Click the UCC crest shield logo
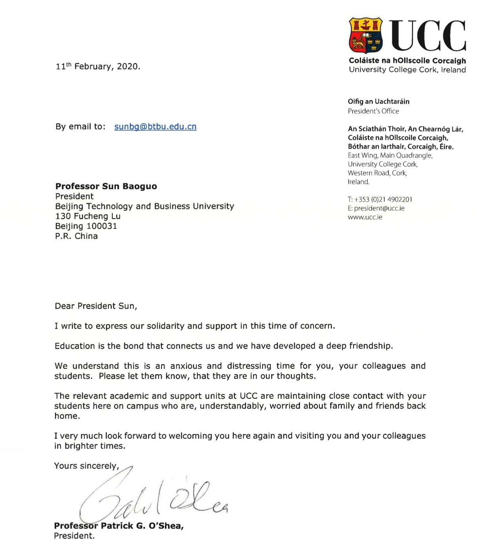(x=366, y=35)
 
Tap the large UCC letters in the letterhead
(x=428, y=36)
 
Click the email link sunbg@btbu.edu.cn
(x=155, y=127)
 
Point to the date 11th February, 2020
(x=98, y=66)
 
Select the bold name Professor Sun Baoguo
(x=106, y=186)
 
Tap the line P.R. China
(x=77, y=236)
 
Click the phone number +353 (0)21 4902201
(x=383, y=199)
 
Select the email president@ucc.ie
(x=379, y=208)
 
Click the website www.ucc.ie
(x=365, y=217)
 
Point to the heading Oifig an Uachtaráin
(x=379, y=102)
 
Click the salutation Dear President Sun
(x=96, y=306)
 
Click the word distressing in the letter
(x=249, y=366)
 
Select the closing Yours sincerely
(x=86, y=466)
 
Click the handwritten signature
(x=153, y=500)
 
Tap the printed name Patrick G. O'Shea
(x=142, y=526)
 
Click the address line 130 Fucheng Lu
(x=88, y=216)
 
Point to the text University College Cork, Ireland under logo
(x=407, y=70)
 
